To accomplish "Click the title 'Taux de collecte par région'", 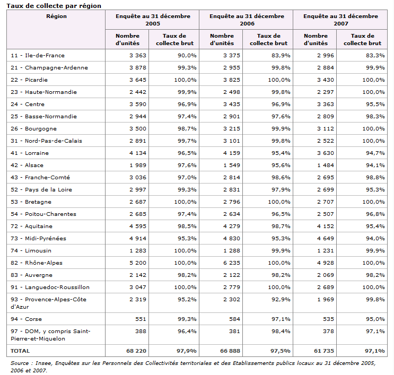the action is (54, 6).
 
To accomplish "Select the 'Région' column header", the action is (57, 16).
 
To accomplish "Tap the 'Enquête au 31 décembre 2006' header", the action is (247, 20).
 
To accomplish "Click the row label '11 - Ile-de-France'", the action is (38, 55).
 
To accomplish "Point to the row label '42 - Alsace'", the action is (27, 165).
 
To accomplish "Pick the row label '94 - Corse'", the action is (26, 319).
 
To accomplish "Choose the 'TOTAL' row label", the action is (20, 351).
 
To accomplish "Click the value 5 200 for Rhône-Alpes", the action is (138, 263).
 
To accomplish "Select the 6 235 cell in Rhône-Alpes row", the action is (232, 263).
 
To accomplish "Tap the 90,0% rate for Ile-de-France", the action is (187, 55).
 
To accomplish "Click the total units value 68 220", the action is (136, 351).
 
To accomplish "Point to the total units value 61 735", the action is (324, 351).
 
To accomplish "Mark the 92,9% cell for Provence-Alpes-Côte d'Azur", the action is (281, 299).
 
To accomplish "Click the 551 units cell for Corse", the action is (141, 319).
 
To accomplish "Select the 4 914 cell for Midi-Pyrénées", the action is (138, 238).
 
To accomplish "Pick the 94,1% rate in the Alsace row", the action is (375, 165).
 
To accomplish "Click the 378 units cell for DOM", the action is (328, 332).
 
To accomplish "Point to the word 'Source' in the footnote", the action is (20, 363).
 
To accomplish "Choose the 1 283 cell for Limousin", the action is (138, 250).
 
